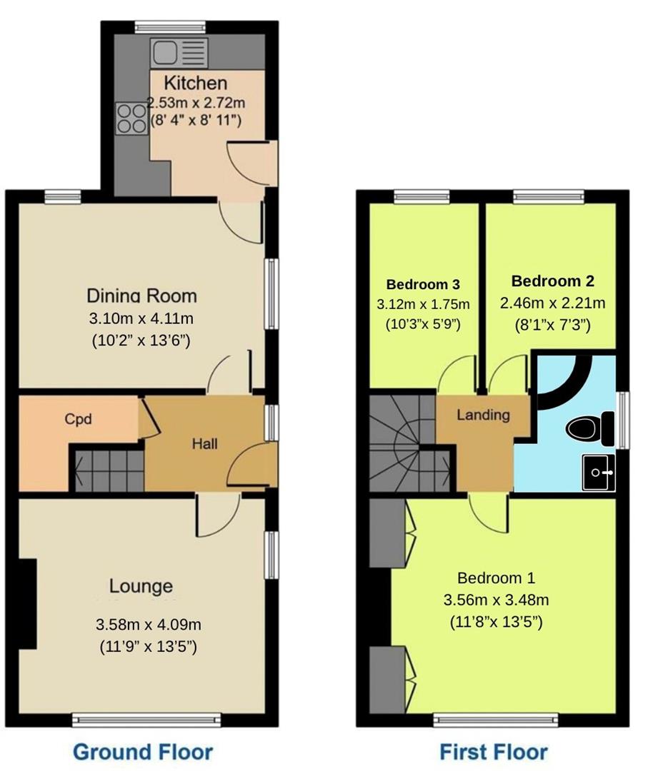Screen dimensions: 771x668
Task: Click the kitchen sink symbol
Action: click(x=179, y=52)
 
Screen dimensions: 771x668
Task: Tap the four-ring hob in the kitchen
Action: click(x=131, y=117)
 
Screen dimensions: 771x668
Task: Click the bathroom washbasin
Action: click(x=598, y=473)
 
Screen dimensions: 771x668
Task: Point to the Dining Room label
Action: click(x=141, y=296)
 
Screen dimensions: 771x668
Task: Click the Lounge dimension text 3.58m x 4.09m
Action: click(x=149, y=625)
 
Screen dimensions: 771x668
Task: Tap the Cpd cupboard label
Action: click(x=78, y=419)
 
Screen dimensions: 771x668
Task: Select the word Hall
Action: click(x=204, y=443)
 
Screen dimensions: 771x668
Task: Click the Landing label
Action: click(x=484, y=414)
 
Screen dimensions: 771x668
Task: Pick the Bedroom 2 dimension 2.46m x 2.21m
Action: click(x=553, y=303)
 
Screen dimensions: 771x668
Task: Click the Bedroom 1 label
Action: click(x=496, y=578)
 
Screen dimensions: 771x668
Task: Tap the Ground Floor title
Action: click(x=143, y=752)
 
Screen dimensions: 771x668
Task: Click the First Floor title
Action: click(x=494, y=752)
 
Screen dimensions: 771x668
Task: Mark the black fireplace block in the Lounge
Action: click(x=27, y=603)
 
